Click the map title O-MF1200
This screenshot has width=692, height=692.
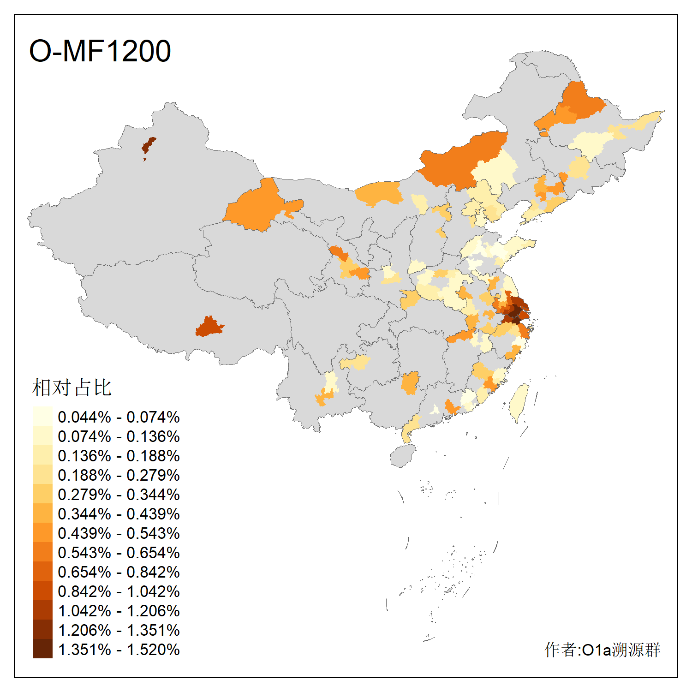point(100,51)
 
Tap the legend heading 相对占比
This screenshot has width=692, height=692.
point(72,388)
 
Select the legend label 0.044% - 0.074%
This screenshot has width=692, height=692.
point(119,417)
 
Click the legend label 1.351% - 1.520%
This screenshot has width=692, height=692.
point(119,650)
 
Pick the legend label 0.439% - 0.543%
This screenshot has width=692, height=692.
point(119,533)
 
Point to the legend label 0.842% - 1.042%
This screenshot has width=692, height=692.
point(119,591)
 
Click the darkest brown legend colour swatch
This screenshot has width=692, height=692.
point(42,649)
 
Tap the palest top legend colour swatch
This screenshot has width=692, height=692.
point(42,416)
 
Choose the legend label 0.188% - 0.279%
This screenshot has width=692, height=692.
point(119,475)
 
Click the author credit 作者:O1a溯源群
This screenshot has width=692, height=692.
point(602,650)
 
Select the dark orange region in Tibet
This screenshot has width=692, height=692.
point(209,327)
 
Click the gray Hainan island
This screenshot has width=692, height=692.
point(403,455)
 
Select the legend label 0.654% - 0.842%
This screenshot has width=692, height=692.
point(119,572)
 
